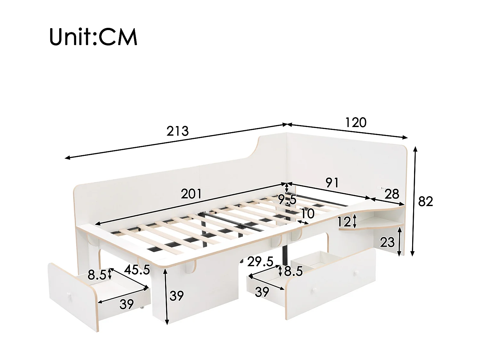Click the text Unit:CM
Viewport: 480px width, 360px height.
[93, 37]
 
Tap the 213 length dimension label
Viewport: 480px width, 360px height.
[178, 131]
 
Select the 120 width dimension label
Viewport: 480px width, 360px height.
[356, 122]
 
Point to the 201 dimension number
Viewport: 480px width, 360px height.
[191, 194]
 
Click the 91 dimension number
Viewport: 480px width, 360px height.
[332, 182]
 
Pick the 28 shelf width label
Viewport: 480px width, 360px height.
[392, 194]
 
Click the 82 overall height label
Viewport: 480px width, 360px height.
[426, 201]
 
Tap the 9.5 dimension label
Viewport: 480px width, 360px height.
[287, 200]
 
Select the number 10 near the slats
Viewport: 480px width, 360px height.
[307, 213]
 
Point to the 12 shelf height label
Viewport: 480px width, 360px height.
[344, 222]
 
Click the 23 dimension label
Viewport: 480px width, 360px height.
[387, 243]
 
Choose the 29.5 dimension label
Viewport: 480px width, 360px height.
[260, 262]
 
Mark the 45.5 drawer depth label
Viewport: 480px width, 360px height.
[137, 270]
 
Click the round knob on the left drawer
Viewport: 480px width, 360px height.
[70, 295]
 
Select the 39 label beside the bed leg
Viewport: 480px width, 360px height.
[177, 296]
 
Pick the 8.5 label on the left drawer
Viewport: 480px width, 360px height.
[97, 275]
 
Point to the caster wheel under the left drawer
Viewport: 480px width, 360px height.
[142, 308]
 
